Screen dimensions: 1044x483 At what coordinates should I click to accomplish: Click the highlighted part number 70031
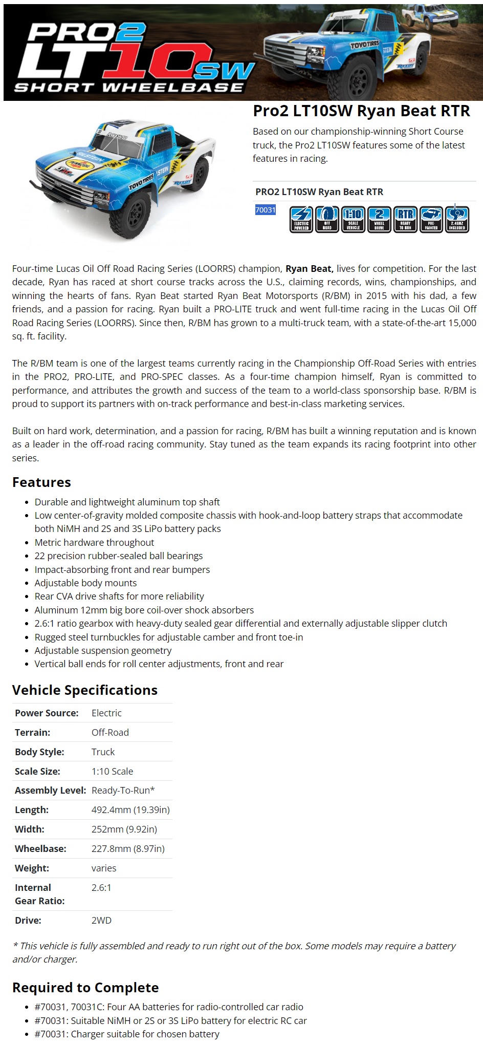click(265, 210)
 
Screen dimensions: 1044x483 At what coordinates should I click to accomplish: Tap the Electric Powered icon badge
click(301, 219)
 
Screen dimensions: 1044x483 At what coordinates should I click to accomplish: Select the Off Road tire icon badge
click(327, 219)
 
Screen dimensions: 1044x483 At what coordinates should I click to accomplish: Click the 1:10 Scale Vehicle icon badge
click(353, 219)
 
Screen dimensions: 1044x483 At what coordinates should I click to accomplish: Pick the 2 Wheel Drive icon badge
click(379, 219)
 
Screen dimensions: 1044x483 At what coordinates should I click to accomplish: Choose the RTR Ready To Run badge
click(405, 219)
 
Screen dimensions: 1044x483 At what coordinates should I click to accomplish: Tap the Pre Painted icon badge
click(431, 219)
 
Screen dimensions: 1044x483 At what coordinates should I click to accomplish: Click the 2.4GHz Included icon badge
click(457, 219)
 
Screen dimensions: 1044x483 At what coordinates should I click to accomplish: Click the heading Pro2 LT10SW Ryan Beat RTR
click(361, 111)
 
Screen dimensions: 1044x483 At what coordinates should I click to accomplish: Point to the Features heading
click(41, 482)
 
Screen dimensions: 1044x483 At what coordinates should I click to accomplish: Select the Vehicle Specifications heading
click(84, 690)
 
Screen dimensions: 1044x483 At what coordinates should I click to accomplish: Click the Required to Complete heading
click(85, 988)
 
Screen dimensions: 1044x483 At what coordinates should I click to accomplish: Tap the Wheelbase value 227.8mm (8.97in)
click(128, 848)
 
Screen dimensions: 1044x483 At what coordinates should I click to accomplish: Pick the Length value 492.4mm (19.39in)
click(130, 809)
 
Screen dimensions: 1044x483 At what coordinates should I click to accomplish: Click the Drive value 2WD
click(101, 920)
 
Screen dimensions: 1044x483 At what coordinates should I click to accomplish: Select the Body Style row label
click(39, 752)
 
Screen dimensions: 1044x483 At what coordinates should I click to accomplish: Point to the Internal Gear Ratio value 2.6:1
click(101, 887)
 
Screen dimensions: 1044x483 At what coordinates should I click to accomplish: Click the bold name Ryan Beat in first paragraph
click(309, 269)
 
